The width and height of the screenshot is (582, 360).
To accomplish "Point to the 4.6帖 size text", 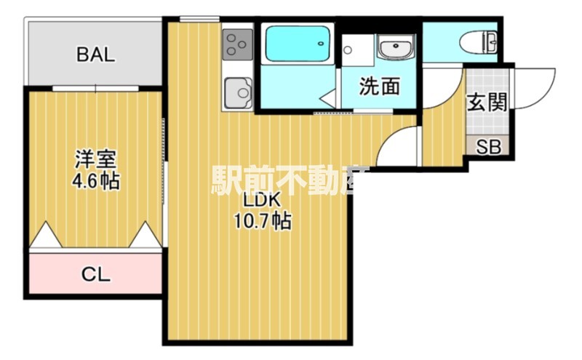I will click(96, 180).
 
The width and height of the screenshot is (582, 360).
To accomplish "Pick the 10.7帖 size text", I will click(262, 221).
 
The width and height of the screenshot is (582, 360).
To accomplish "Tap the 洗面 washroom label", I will click(380, 87).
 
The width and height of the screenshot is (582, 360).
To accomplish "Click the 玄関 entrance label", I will click(486, 103).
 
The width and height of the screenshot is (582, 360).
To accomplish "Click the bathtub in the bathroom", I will click(298, 44).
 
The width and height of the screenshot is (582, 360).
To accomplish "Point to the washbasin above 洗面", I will click(395, 49).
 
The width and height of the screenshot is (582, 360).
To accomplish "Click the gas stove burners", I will click(237, 44).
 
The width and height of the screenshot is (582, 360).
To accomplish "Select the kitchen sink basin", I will click(237, 92).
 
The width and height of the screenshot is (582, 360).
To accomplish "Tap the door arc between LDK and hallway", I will click(396, 146).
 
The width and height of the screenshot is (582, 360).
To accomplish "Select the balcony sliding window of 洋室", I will click(95, 87).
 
